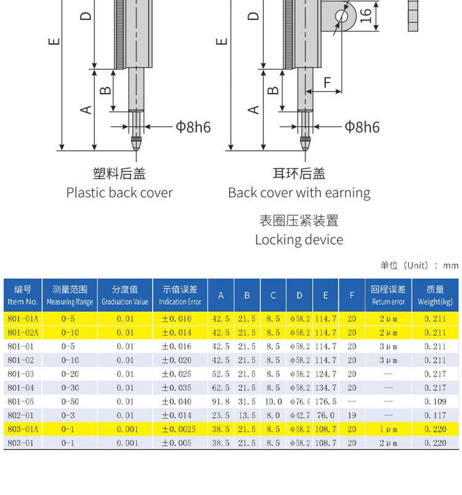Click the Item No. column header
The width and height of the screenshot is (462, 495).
point(23,295)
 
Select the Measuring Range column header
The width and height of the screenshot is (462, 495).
point(70,295)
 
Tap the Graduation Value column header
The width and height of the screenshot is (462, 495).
point(125,295)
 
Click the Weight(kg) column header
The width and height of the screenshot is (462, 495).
point(435,295)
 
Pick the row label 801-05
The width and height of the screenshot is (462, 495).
point(20,401)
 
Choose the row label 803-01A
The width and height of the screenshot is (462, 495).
point(23,429)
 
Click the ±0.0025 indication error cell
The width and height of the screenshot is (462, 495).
point(179,429)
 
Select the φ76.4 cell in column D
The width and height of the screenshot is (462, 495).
point(299,401)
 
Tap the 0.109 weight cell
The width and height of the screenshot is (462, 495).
point(435,401)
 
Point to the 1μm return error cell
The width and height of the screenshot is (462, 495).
point(388,429)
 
